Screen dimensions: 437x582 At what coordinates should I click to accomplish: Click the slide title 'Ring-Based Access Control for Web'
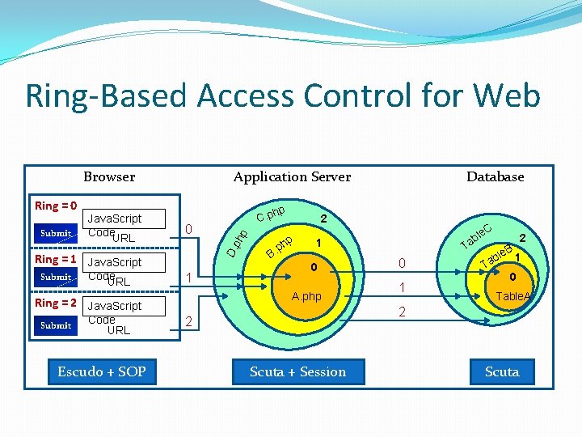pyautogui.click(x=283, y=95)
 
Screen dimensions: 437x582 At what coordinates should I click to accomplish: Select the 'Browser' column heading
pyautogui.click(x=109, y=176)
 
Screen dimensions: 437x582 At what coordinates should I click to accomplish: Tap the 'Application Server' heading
pyautogui.click(x=292, y=176)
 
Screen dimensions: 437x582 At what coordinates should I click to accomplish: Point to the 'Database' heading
pyautogui.click(x=495, y=176)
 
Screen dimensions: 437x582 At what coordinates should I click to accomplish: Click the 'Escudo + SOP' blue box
pyautogui.click(x=102, y=371)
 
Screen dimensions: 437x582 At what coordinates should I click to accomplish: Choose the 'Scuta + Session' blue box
pyautogui.click(x=297, y=371)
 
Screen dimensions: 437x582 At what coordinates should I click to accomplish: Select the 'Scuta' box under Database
pyautogui.click(x=501, y=371)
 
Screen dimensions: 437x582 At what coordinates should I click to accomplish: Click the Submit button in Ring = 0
pyautogui.click(x=56, y=233)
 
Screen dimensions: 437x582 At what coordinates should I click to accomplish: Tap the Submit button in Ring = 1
pyautogui.click(x=56, y=277)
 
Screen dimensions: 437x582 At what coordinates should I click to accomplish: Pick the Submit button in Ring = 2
pyautogui.click(x=56, y=325)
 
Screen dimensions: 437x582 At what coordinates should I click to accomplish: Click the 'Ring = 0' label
pyautogui.click(x=56, y=206)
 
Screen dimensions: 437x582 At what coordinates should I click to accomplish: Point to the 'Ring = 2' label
pyautogui.click(x=56, y=303)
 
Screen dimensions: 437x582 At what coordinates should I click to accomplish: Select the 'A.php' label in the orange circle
pyautogui.click(x=306, y=296)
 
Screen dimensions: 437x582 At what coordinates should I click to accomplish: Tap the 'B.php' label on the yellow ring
pyautogui.click(x=280, y=248)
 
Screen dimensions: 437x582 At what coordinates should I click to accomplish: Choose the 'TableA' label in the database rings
pyautogui.click(x=513, y=297)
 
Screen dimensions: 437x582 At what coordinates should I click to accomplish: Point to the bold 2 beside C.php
pyautogui.click(x=323, y=218)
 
